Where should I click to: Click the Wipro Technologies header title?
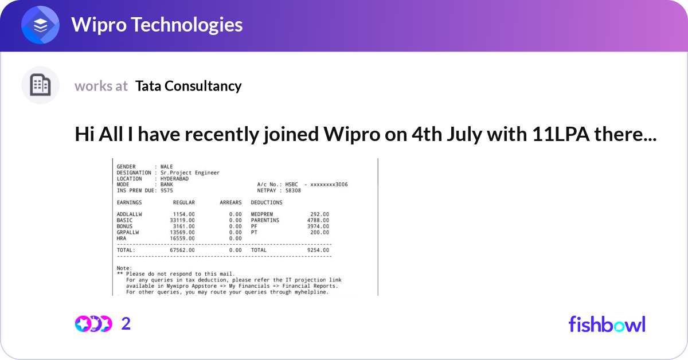[x=157, y=25]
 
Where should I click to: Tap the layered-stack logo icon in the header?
[x=40, y=25]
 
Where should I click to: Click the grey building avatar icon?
[x=40, y=85]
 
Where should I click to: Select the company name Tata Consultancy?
[x=188, y=86]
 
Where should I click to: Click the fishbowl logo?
[x=607, y=324]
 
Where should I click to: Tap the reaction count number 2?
[x=126, y=324]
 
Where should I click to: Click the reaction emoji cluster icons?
[x=93, y=324]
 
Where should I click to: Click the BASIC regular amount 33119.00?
[x=182, y=220]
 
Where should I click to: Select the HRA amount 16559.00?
[x=182, y=238]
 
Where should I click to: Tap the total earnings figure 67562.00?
[x=182, y=250]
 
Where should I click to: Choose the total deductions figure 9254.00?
[x=317, y=250]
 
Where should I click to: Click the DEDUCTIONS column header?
[x=267, y=202]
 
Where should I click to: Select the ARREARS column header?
[x=230, y=202]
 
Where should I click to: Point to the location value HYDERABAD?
[x=175, y=178]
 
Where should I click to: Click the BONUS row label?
[x=124, y=226]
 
